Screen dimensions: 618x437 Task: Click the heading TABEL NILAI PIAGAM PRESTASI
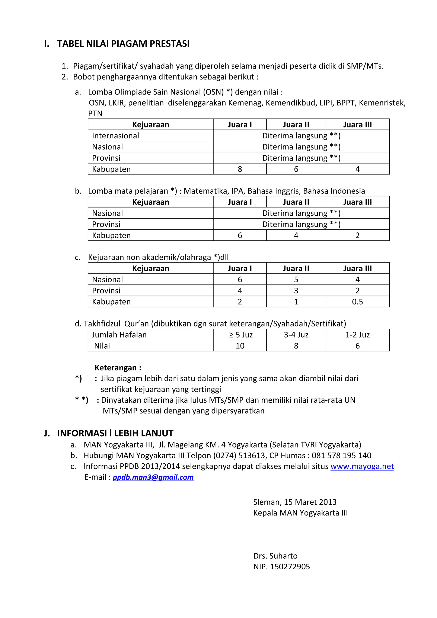(123, 44)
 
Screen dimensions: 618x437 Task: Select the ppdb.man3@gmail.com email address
(153, 477)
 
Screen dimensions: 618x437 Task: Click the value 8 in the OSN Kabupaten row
(240, 169)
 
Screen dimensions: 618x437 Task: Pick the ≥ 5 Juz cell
(240, 335)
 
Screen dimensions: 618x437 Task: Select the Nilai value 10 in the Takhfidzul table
(240, 346)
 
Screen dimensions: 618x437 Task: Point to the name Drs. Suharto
(275, 556)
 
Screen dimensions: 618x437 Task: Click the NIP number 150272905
(290, 567)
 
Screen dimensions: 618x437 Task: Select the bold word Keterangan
(116, 368)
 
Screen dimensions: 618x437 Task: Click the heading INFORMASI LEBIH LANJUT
(115, 433)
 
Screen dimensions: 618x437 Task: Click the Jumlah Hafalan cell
(119, 335)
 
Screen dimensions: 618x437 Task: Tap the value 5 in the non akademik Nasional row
(296, 279)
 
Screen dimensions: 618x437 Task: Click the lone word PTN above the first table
(95, 114)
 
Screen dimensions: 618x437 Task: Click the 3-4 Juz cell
(296, 335)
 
